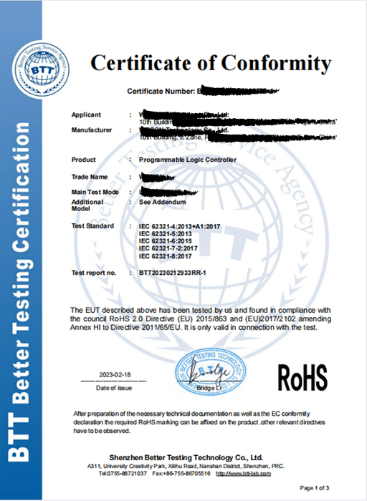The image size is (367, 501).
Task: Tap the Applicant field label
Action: point(87,115)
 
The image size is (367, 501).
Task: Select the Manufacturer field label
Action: point(92,130)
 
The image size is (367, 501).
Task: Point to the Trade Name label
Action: point(90,176)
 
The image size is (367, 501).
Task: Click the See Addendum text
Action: point(162,203)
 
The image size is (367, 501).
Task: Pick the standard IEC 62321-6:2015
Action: point(166,241)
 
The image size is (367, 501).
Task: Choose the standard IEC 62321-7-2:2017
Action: point(168,248)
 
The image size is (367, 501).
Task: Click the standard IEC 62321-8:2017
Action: point(166,256)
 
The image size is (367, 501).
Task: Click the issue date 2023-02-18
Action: point(114,375)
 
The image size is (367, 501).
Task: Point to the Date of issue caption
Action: point(114,387)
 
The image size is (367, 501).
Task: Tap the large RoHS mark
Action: point(301,374)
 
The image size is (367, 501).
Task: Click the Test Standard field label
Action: point(93,226)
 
